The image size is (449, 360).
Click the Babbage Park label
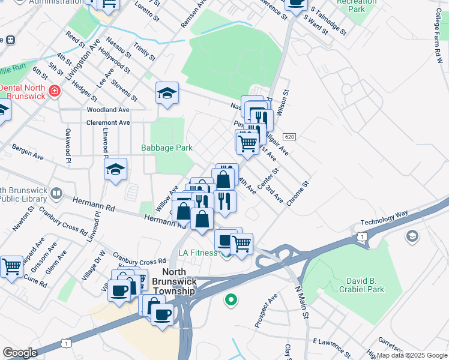(x=167, y=148)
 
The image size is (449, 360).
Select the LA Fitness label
(x=197, y=253)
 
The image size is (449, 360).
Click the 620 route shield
(x=289, y=137)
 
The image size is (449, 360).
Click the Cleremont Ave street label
(x=108, y=122)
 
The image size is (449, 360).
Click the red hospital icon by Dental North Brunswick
(x=55, y=91)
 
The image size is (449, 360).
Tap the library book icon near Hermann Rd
(x=56, y=194)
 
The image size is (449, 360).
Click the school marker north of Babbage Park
(x=167, y=94)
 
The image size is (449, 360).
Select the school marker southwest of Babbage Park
(x=115, y=170)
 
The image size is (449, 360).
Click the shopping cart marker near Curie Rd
(x=11, y=266)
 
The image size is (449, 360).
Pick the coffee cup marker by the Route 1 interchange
(x=162, y=314)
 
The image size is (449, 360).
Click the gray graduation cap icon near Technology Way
(x=412, y=236)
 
